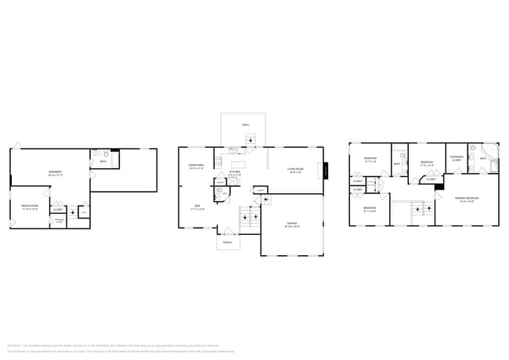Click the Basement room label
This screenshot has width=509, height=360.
pos(56,173)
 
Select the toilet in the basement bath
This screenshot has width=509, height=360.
pos(96,155)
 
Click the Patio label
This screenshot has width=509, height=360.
pos(245,125)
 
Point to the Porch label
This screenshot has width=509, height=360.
pos(228,243)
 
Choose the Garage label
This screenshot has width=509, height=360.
pos(291,225)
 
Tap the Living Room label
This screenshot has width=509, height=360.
pos(295,170)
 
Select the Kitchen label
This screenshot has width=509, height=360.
pos(235,172)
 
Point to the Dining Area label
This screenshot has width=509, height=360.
pos(197,167)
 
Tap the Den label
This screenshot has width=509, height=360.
pos(197,207)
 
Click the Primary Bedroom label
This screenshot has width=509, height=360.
pos(467,200)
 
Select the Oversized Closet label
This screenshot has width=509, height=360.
pos(456,159)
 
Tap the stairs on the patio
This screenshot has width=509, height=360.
pos(251,140)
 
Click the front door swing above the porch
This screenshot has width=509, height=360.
pos(226,231)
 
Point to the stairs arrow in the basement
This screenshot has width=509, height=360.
pos(72,211)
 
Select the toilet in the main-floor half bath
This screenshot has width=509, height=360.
pos(220,191)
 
